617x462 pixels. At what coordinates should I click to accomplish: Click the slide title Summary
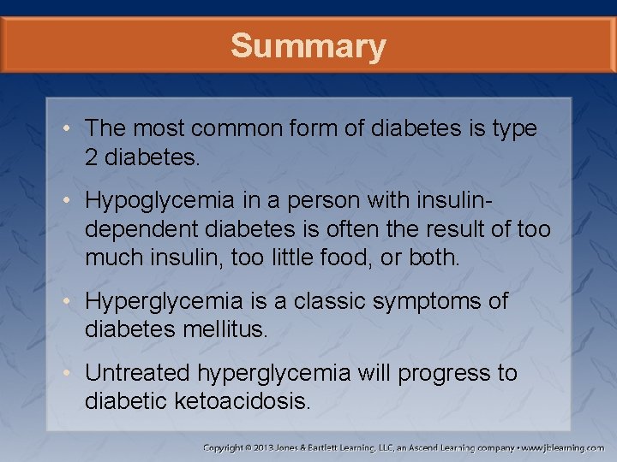pos(308,46)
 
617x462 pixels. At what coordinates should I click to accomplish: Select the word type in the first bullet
pos(512,128)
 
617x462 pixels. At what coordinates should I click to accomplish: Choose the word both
pos(434,258)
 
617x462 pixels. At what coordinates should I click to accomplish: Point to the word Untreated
pos(138,373)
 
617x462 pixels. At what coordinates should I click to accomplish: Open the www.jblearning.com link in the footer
pos(562,447)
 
